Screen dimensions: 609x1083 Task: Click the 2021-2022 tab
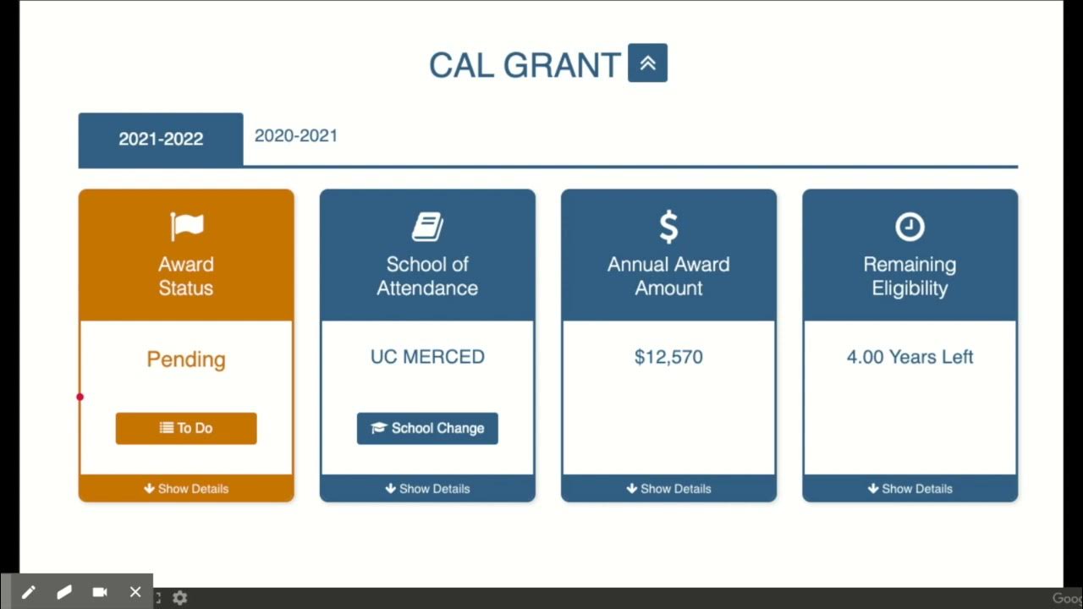(161, 140)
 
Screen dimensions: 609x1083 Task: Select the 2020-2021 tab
(296, 135)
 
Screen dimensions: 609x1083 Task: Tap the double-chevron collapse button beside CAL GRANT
(647, 63)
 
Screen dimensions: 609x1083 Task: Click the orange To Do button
(186, 428)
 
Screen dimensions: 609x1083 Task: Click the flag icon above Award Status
(186, 226)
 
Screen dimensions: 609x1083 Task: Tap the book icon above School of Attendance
(427, 227)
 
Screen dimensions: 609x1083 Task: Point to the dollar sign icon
(668, 227)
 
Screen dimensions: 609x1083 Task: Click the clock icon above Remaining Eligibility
(910, 227)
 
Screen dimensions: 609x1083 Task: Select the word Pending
(186, 359)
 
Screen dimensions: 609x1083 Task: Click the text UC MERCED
(427, 357)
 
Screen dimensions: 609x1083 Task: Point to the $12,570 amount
(668, 357)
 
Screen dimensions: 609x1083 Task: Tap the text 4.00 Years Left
(910, 357)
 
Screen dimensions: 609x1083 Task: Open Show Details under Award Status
(186, 489)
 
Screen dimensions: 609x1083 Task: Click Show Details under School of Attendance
(427, 489)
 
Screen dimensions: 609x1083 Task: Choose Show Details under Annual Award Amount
(668, 489)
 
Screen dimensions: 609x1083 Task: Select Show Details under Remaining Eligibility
(910, 489)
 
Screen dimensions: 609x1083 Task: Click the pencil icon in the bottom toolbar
(28, 592)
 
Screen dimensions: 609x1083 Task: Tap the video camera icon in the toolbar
(100, 592)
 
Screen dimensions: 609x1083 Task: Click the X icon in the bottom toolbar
(135, 592)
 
